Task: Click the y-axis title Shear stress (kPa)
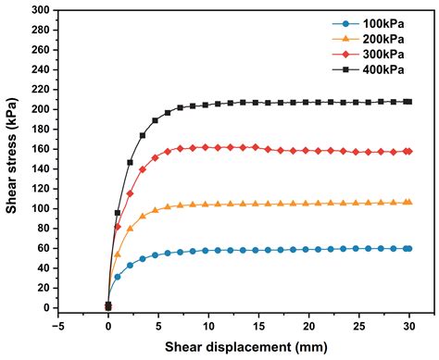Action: point(12,159)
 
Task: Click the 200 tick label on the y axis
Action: point(40,109)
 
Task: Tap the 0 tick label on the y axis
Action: point(45,308)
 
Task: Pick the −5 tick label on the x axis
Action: point(58,327)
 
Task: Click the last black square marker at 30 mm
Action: point(408,102)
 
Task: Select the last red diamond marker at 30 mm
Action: point(408,151)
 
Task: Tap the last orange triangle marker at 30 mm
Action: point(408,202)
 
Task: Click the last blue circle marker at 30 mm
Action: point(408,248)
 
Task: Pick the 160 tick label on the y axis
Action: point(40,149)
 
